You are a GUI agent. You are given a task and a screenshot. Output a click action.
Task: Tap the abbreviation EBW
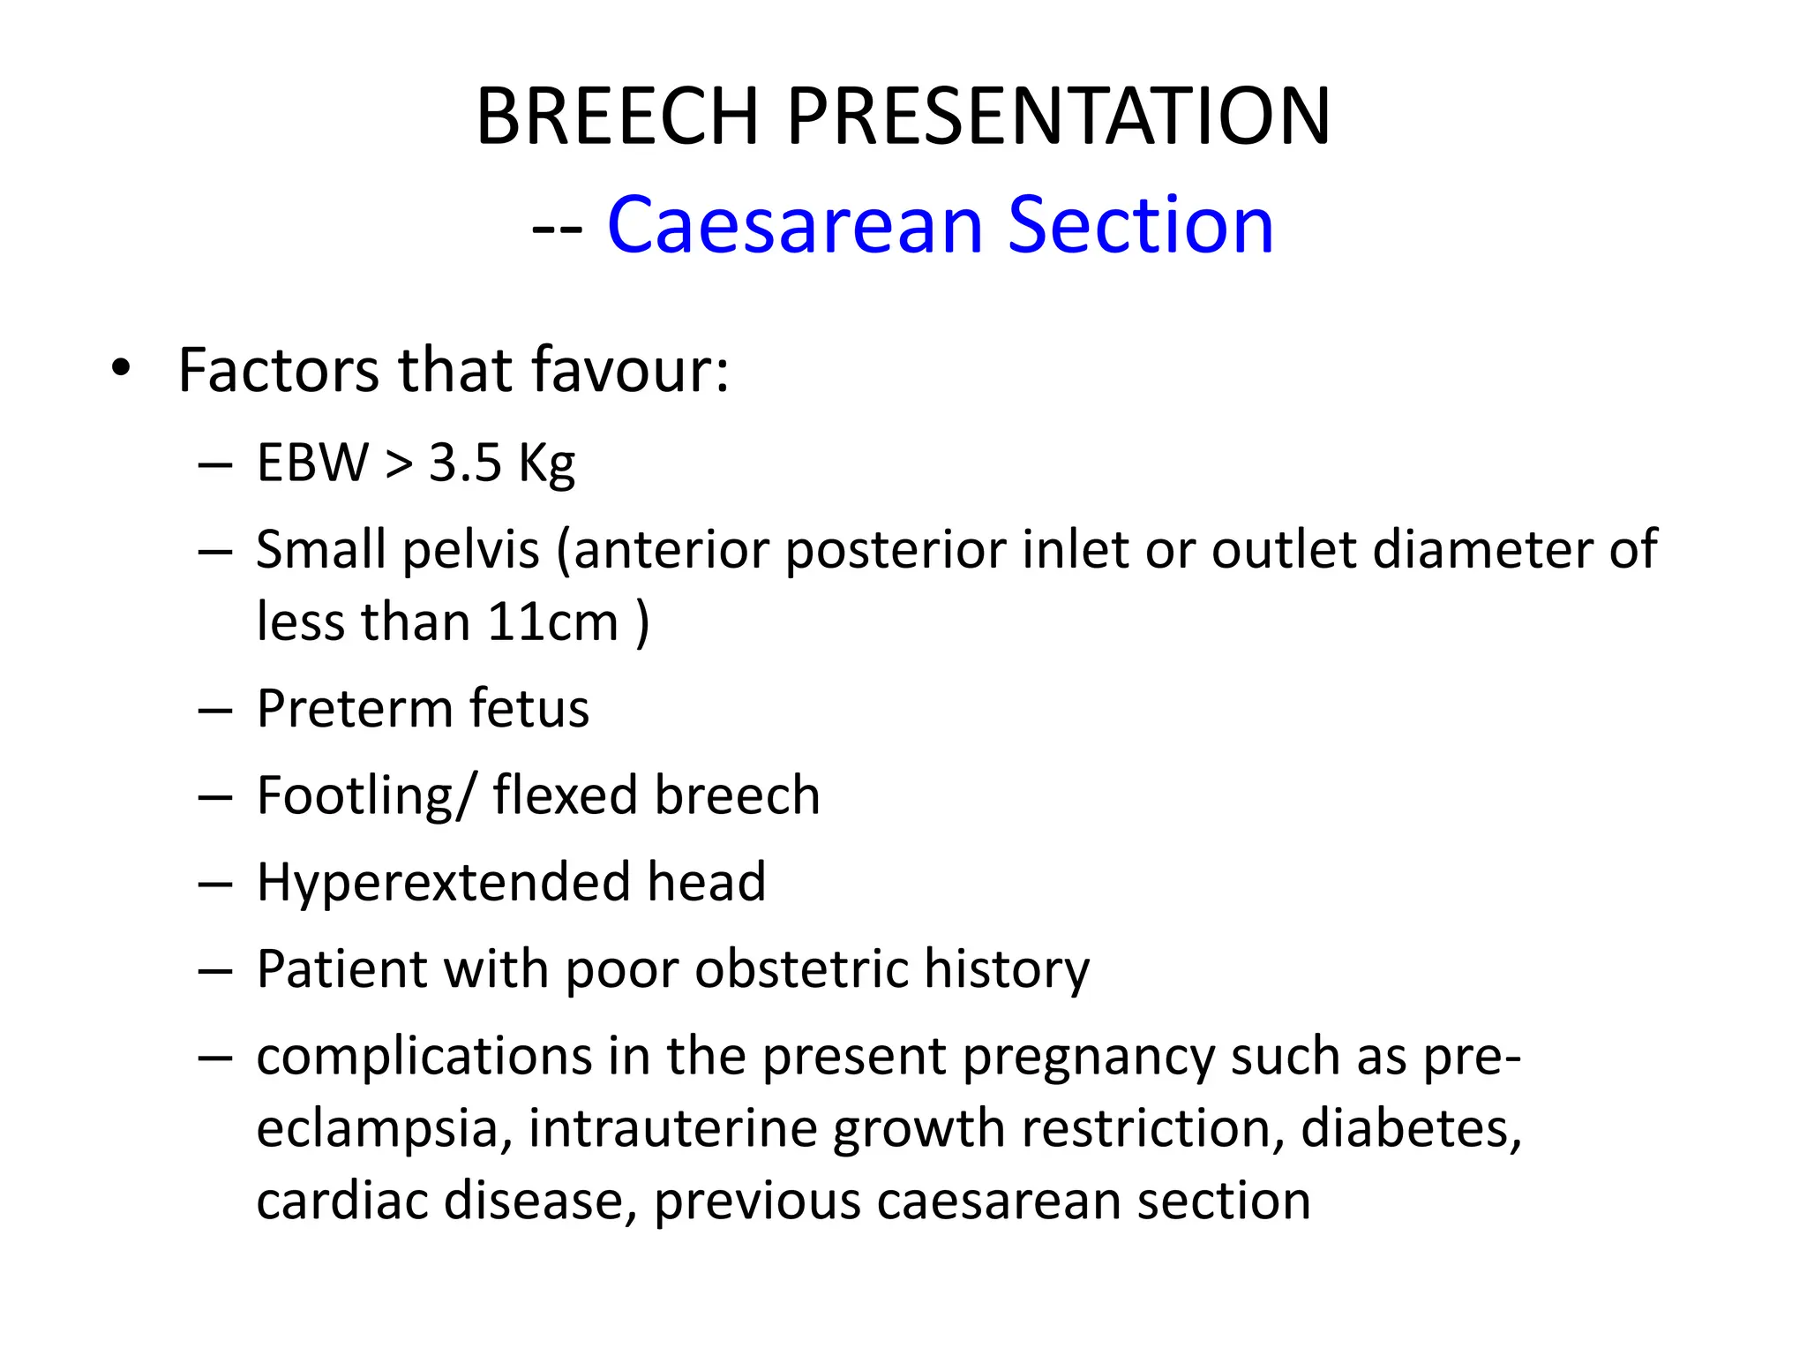pos(312,462)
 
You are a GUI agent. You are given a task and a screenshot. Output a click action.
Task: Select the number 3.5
pos(465,462)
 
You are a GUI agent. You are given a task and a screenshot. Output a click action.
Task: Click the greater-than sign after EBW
pos(399,463)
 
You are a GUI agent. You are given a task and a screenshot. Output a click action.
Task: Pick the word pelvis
pos(470,551)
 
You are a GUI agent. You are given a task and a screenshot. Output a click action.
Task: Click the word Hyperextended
pos(442,882)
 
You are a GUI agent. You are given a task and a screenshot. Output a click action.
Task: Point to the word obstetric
pos(800,968)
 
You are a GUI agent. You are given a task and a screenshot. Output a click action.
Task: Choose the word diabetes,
pos(1411,1128)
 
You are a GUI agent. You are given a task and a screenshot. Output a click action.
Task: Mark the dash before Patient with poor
pos(215,970)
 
